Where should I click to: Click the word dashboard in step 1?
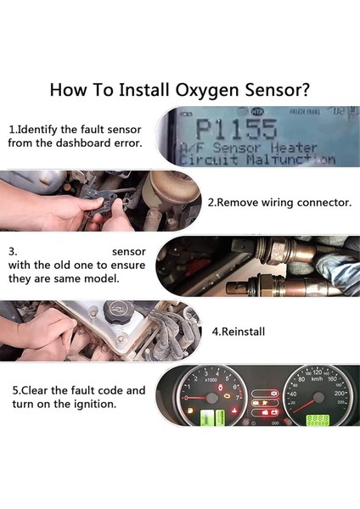click(91, 143)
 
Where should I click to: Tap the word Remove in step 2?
click(240, 203)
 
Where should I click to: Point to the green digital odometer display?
click(318, 419)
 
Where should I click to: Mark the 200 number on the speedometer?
click(340, 394)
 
